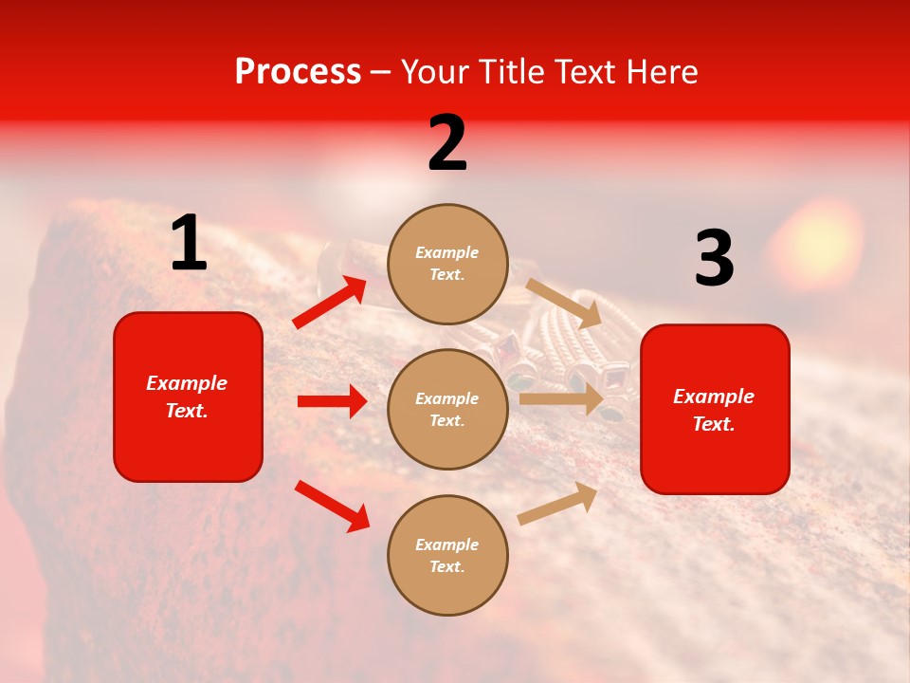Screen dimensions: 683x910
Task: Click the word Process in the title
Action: [298, 72]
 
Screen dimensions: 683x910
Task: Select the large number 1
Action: [189, 244]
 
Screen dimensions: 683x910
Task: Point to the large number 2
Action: [447, 144]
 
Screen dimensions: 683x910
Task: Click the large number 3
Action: [714, 259]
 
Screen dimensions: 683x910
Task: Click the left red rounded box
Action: [188, 397]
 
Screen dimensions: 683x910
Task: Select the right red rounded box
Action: [715, 409]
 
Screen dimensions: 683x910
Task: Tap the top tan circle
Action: [447, 264]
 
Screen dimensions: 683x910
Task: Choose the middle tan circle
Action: [447, 409]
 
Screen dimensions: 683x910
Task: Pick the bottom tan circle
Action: [447, 555]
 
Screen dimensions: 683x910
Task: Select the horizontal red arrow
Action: [332, 401]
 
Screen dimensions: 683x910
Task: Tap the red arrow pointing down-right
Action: [332, 506]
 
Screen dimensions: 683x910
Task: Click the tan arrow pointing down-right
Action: [563, 303]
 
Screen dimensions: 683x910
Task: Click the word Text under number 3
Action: [714, 424]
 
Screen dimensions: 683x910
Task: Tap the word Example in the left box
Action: [187, 383]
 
